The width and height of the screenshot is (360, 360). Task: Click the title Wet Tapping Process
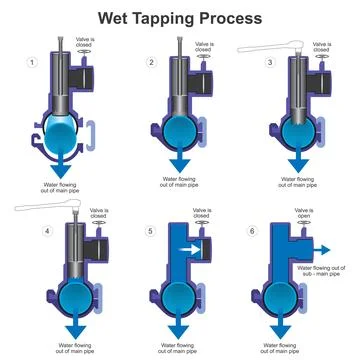(180, 17)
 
